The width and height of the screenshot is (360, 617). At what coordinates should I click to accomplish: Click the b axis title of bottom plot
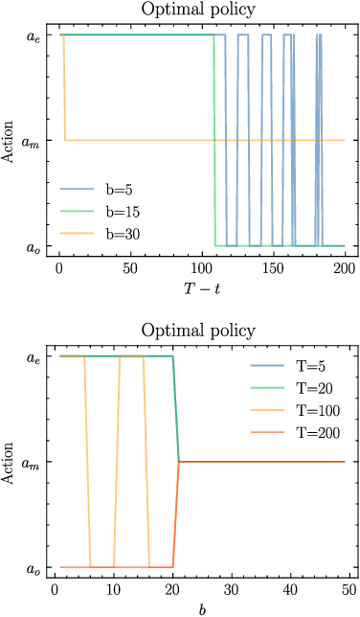pyautogui.click(x=202, y=608)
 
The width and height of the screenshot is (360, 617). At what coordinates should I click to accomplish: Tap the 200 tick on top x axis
pyautogui.click(x=344, y=268)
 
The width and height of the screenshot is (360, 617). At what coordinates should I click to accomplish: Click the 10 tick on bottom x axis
pyautogui.click(x=114, y=590)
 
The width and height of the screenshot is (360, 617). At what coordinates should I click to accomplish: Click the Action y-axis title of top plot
pyautogui.click(x=10, y=140)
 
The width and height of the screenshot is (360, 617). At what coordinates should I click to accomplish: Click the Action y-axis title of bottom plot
pyautogui.click(x=10, y=462)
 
